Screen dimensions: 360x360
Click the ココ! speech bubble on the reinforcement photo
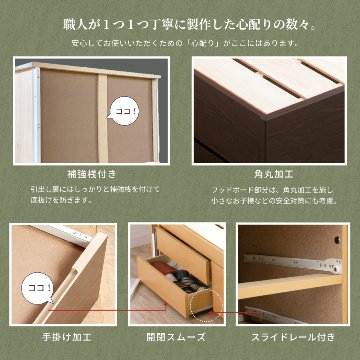125,109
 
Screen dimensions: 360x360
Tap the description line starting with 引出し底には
89,187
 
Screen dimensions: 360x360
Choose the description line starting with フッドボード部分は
272,187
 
